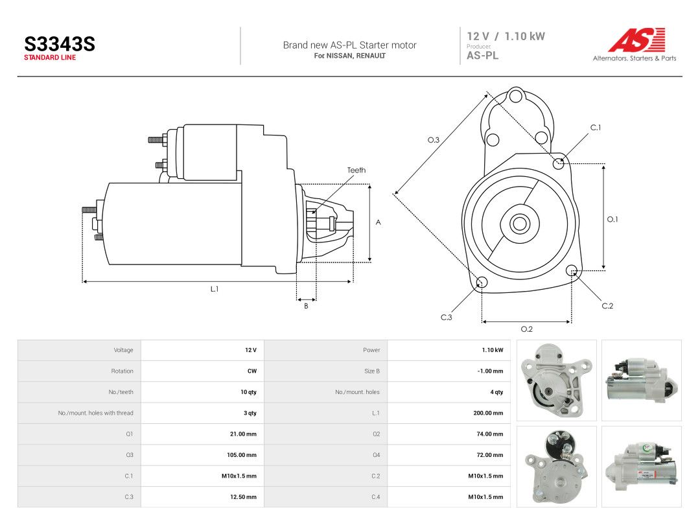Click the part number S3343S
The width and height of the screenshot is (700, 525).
[x=60, y=44]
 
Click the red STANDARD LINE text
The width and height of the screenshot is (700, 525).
[x=50, y=58]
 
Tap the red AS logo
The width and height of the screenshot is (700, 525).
[x=637, y=40]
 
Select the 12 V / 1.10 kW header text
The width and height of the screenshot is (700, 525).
[x=506, y=36]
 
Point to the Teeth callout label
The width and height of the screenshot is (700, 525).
[x=356, y=170]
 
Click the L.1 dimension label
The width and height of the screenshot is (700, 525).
[x=215, y=289]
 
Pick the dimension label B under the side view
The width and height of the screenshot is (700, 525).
[x=306, y=306]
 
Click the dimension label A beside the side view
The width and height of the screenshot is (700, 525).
[x=378, y=222]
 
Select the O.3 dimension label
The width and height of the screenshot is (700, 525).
[x=434, y=140]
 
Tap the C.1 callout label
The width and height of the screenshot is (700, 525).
[x=596, y=128]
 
